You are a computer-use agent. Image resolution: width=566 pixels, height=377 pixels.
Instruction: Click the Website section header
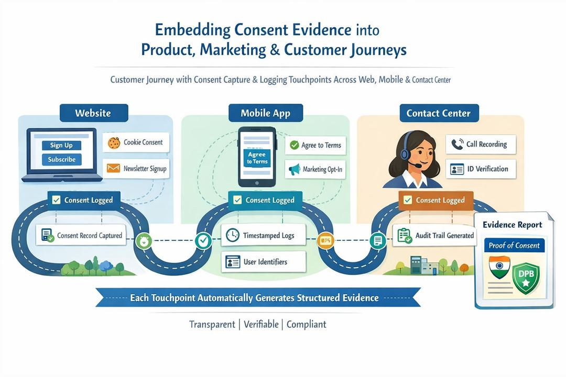[x=93, y=113]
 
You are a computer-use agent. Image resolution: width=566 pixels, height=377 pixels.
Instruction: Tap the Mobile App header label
[x=265, y=113]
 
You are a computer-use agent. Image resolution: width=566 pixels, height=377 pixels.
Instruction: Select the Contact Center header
[x=438, y=113]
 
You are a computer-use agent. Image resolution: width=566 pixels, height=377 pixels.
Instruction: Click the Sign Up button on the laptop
[x=62, y=145]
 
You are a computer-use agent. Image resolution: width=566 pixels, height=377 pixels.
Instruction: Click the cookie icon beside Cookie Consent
[x=114, y=142]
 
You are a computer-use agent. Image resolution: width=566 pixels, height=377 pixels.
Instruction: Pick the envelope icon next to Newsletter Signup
[x=113, y=169]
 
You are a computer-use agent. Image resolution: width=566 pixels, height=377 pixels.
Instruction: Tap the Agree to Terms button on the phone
[x=257, y=158]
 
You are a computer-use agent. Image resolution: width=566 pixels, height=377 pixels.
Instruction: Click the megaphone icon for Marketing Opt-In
[x=293, y=169]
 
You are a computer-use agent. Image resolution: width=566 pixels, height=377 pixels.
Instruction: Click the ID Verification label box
[x=481, y=169]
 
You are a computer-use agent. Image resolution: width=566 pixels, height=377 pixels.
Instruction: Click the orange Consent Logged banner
[x=436, y=200]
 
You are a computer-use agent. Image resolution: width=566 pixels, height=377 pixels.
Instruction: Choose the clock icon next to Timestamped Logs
[x=232, y=236]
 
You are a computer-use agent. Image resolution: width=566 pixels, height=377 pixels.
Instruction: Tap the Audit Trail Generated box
[x=436, y=236]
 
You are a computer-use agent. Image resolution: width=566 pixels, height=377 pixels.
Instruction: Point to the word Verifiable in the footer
[x=261, y=324]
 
